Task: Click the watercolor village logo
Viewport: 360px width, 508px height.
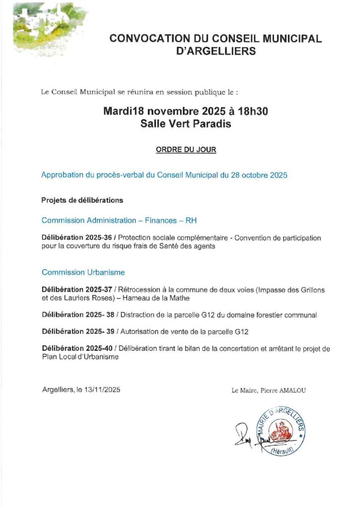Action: click(x=47, y=27)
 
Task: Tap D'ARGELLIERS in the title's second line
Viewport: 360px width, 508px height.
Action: click(x=216, y=51)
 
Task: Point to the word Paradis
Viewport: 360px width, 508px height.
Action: click(x=211, y=124)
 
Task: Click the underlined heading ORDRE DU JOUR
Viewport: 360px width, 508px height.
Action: click(x=186, y=149)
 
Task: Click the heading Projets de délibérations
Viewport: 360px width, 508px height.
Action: click(x=82, y=200)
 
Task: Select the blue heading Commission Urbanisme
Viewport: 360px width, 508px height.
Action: click(x=83, y=272)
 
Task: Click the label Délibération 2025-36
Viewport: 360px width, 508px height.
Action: click(x=76, y=238)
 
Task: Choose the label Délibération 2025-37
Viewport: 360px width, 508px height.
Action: click(x=76, y=290)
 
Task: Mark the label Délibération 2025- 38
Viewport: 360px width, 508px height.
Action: click(x=77, y=315)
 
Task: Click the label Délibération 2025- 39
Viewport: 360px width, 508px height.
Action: click(x=77, y=331)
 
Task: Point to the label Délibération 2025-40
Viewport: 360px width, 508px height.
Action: click(x=76, y=349)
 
